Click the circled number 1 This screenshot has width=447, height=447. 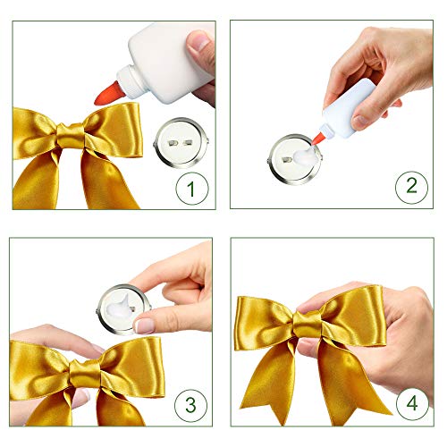(192, 189)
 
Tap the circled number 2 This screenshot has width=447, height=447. (411, 187)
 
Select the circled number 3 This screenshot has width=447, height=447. (190, 404)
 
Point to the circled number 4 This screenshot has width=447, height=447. (412, 403)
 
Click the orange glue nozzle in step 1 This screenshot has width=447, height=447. (108, 93)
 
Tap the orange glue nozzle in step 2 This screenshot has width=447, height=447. (318, 139)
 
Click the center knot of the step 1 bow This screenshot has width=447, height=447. (72, 136)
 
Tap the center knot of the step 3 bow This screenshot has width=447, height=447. (86, 374)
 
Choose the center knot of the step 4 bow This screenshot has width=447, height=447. (308, 325)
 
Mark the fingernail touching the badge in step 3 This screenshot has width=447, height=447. (145, 326)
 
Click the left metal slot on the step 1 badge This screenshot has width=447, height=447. (173, 143)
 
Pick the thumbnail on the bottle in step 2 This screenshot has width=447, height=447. (360, 122)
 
